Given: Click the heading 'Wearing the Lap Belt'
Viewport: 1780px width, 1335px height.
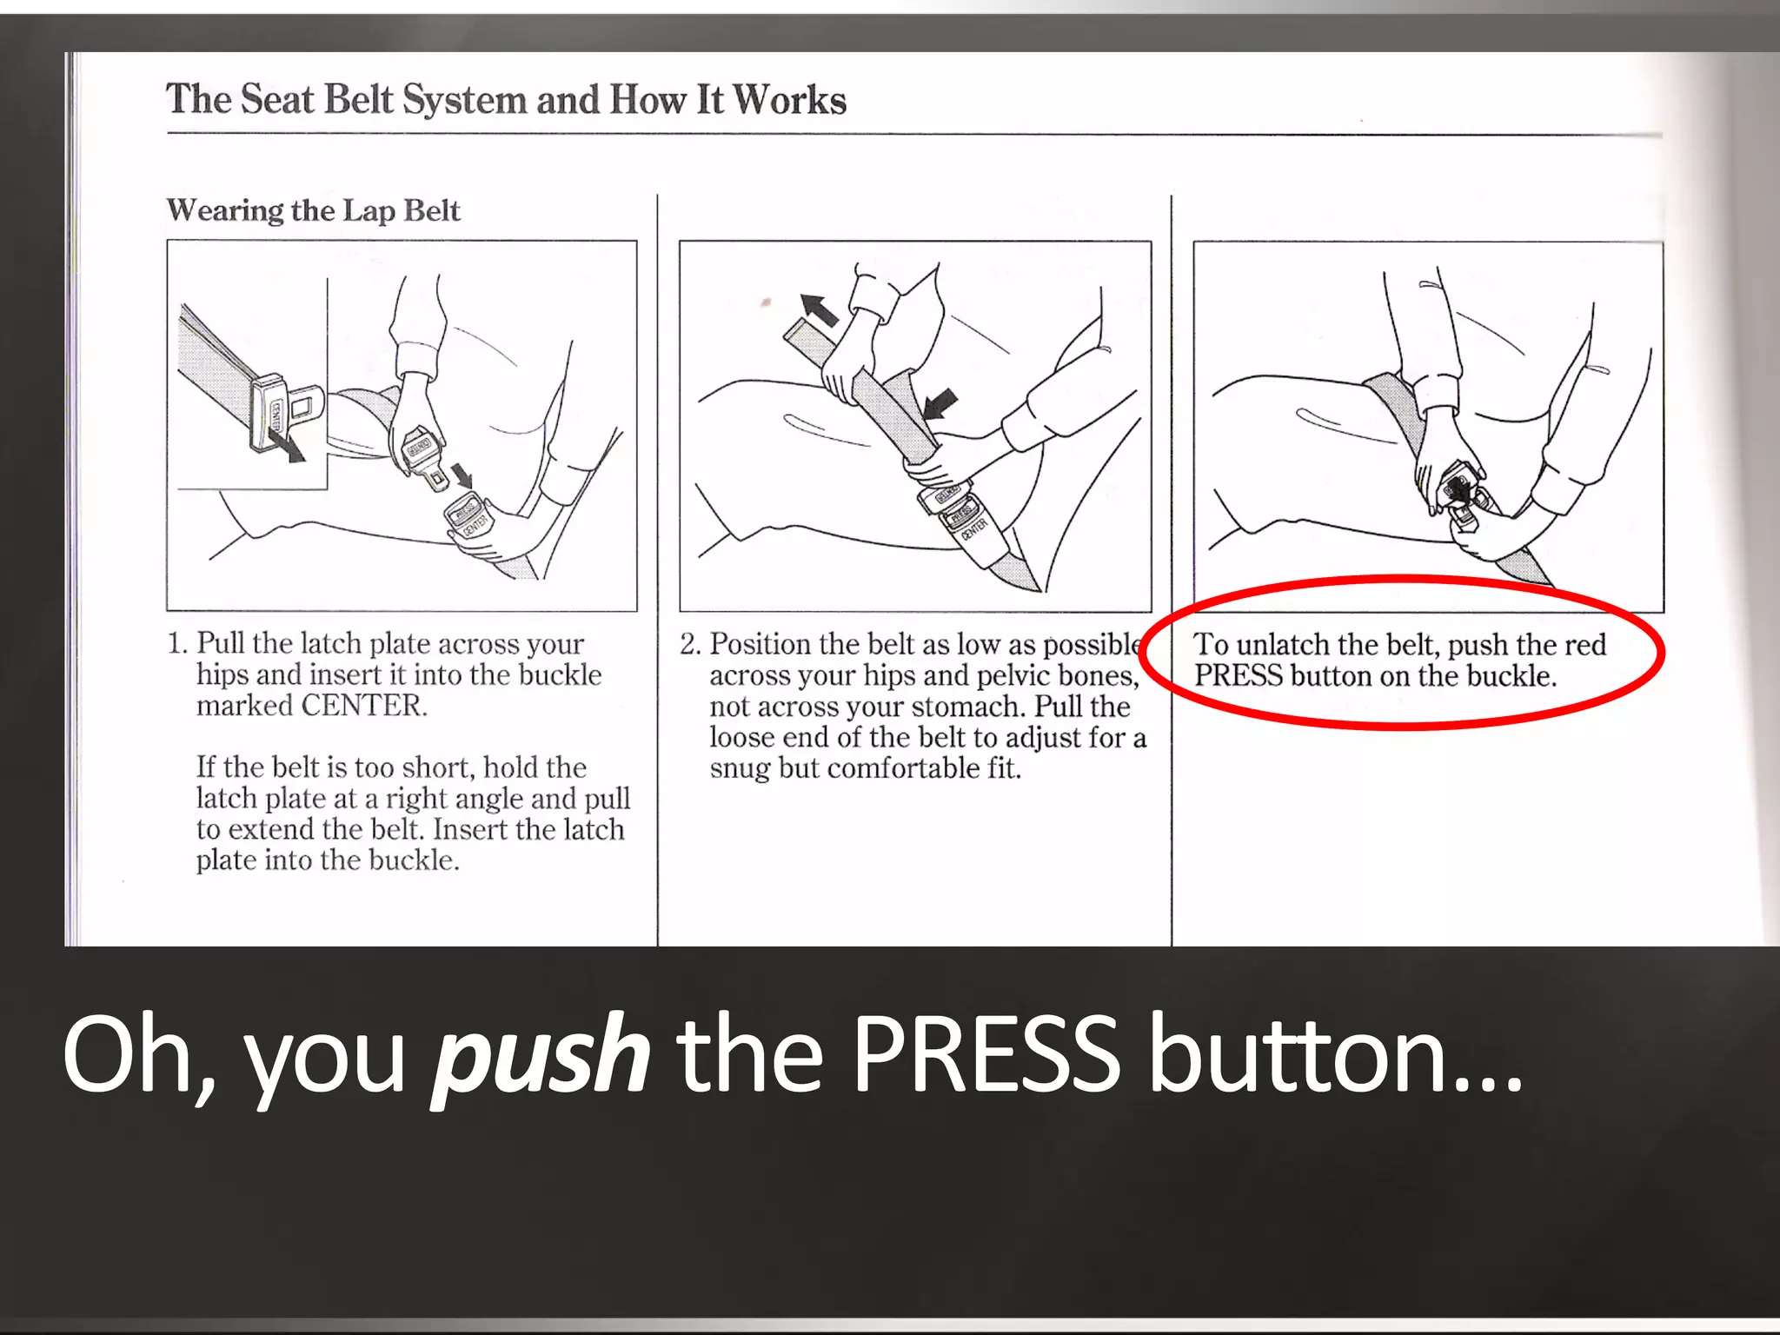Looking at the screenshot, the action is (313, 210).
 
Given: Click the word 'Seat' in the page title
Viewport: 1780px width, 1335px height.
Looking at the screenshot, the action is (276, 98).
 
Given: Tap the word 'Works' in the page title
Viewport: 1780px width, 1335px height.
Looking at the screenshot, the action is (789, 99).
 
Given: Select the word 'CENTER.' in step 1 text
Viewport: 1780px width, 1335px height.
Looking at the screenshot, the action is (364, 705).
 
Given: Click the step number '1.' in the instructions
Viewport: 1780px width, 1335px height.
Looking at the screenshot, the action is (176, 643).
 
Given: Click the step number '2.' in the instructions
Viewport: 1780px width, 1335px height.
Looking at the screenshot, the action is (690, 644).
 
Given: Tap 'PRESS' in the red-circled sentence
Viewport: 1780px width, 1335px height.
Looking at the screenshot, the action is (1238, 675).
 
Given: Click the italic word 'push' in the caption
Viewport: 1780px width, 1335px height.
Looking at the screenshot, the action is (541, 1057).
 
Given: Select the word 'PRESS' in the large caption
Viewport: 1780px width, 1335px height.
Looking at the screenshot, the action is (987, 1053).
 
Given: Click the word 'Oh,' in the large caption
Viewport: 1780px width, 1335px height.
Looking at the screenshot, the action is (139, 1056).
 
